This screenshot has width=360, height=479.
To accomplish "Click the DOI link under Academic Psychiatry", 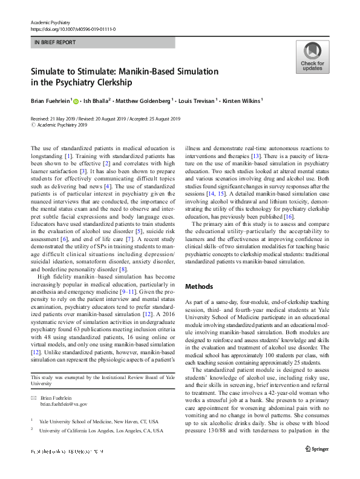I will [x=73, y=29].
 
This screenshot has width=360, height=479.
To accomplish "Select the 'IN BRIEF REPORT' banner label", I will [x=55, y=43].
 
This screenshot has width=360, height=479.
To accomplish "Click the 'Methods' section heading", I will [x=199, y=286].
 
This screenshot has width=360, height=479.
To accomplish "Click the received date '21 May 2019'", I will [x=65, y=118].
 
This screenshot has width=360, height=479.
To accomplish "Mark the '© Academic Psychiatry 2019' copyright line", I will [x=61, y=125].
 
